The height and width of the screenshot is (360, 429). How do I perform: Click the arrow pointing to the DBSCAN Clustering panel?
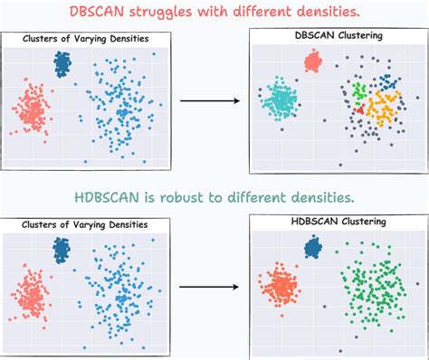209,99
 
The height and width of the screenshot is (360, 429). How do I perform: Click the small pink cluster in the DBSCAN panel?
313,61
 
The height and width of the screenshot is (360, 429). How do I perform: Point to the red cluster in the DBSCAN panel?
360,109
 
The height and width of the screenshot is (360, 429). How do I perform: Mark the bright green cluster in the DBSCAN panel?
359,91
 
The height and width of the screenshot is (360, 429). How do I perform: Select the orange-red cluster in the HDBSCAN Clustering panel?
281,288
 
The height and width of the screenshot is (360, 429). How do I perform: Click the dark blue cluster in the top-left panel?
62,63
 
